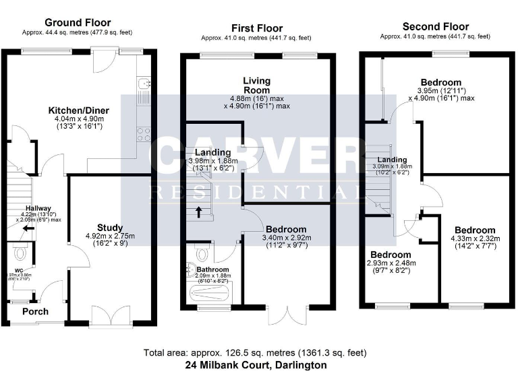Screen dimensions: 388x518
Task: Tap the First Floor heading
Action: pyautogui.click(x=256, y=28)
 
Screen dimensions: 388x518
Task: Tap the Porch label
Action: pyautogui.click(x=35, y=312)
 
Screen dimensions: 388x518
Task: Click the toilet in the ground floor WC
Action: pyautogui.click(x=20, y=253)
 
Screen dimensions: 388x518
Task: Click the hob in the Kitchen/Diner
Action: pyautogui.click(x=143, y=133)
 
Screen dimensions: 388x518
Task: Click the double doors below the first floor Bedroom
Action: pyautogui.click(x=287, y=315)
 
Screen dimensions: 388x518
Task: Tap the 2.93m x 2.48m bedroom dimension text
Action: pyautogui.click(x=393, y=263)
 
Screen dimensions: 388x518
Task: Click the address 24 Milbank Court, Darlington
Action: pyautogui.click(x=256, y=365)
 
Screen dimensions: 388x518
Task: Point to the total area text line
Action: pyautogui.click(x=256, y=353)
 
